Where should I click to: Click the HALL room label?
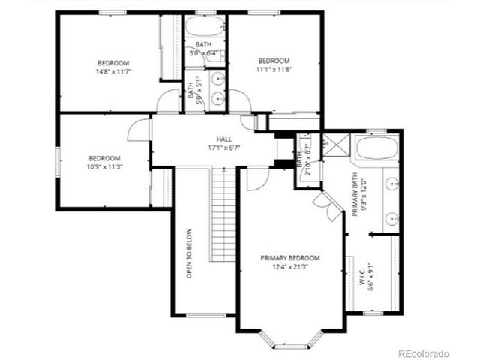point(224,139)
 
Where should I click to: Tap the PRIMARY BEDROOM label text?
point(290,258)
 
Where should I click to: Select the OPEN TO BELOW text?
point(190,253)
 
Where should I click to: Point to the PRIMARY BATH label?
point(355,195)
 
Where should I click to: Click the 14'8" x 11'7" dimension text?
point(112,72)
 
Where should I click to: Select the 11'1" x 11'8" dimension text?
point(274,70)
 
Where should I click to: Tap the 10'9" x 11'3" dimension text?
point(104,167)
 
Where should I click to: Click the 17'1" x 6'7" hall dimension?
point(224,148)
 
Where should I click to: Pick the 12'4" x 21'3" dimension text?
point(290,266)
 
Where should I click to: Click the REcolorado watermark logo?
point(423,352)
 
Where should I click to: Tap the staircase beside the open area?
point(223,214)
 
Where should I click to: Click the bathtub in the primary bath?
point(377,148)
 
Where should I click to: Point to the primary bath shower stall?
point(335,146)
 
